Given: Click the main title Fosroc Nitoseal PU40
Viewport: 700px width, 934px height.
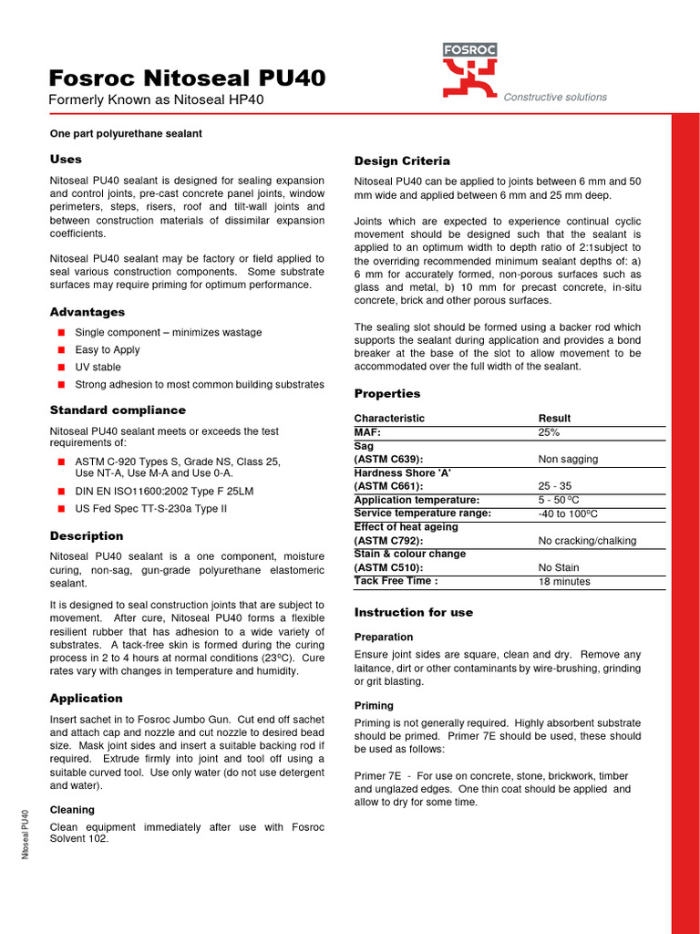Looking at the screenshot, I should point(187,78).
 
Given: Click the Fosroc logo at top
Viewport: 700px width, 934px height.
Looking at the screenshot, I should point(469,69).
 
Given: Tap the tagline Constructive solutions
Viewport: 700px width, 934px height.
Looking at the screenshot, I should point(555,97).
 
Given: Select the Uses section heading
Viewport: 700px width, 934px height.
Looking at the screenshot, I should point(66,159).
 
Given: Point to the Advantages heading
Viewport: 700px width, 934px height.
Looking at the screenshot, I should point(87,312).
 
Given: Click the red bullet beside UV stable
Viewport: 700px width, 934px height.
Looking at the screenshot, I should point(61,367).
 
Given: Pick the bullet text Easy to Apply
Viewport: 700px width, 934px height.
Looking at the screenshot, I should point(108,349).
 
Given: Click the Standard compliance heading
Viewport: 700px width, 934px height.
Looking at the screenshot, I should point(118,410).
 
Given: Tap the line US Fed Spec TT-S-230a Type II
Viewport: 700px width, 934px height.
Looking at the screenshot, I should point(150,508).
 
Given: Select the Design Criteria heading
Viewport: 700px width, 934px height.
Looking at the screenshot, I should point(402,161).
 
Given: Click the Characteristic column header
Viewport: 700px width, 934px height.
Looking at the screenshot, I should point(389,418).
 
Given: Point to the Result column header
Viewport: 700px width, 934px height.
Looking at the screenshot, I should point(555,418).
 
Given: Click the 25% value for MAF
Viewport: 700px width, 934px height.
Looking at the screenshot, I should point(550,432).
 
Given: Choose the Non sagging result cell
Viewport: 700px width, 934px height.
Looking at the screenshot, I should point(569,460).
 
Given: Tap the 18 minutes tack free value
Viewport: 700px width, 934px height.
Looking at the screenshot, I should point(564,581).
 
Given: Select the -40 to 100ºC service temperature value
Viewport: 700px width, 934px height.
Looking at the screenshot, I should point(573,514).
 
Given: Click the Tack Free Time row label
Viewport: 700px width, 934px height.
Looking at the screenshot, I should point(396,581).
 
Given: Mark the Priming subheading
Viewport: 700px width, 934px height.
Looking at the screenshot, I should point(374,705).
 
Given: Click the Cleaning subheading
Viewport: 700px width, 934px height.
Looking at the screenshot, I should point(72,809).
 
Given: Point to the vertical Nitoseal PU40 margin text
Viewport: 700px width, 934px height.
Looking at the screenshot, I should point(26,835).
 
